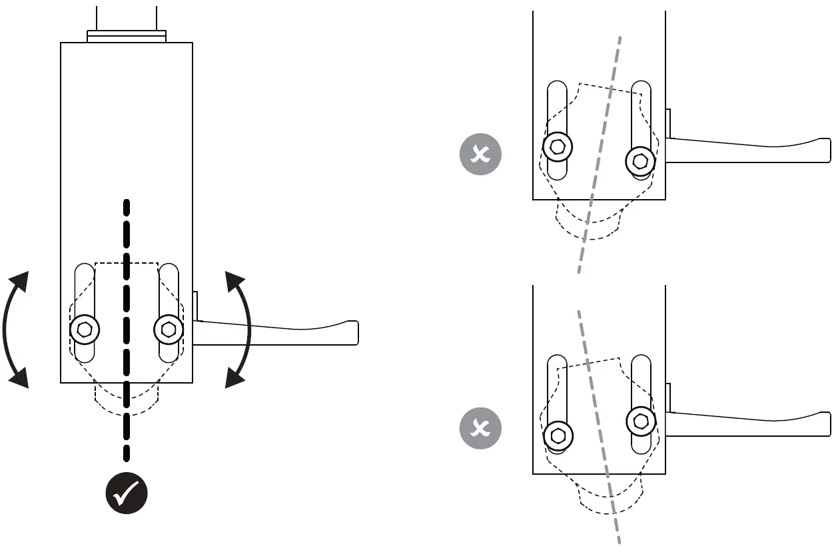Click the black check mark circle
coord(127,493)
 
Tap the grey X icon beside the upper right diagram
coord(480,154)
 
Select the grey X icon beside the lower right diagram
coord(480,427)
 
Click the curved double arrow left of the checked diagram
coord(15,329)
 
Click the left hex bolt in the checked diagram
coord(85,329)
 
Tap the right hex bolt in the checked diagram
coord(169,329)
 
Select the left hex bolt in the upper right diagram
coord(558,146)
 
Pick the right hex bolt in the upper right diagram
coord(641,160)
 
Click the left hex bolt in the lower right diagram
coord(558,436)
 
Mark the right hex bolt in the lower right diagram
coord(641,421)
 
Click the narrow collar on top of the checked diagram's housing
coord(127,36)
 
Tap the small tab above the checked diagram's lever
coord(196,305)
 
